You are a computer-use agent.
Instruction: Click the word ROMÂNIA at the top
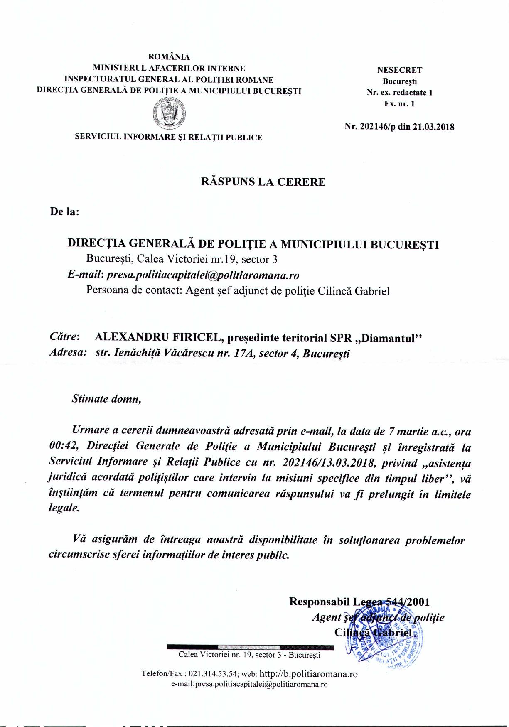(x=169, y=57)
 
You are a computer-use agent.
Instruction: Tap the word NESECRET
(x=399, y=70)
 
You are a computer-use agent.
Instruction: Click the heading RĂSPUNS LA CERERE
(x=263, y=182)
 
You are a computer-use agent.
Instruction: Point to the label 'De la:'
(x=64, y=211)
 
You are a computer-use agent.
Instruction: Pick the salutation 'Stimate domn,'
(x=106, y=399)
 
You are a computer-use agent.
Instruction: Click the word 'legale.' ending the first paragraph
(x=64, y=508)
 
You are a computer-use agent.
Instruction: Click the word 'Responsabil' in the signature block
(x=319, y=602)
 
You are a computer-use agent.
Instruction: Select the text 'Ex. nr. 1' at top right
(x=399, y=104)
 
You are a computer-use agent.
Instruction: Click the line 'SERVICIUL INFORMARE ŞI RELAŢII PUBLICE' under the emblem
(x=168, y=137)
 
